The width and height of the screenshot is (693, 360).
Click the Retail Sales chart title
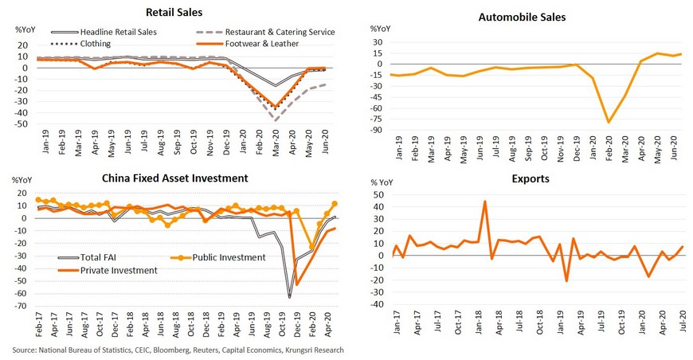click(x=174, y=12)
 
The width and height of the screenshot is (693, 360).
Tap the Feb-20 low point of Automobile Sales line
click(x=609, y=122)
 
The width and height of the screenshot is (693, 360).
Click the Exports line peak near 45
click(x=484, y=201)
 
